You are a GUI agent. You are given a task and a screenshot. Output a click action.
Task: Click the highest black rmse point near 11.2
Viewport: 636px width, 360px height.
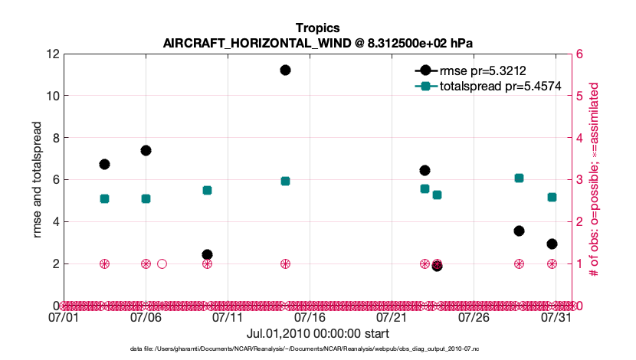point(285,70)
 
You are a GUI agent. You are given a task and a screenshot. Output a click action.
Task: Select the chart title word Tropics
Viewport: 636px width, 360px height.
point(318,28)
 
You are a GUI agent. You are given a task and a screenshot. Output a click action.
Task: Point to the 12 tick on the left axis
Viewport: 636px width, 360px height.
point(53,54)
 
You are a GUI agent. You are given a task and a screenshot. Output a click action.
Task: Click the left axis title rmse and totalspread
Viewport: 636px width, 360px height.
point(38,180)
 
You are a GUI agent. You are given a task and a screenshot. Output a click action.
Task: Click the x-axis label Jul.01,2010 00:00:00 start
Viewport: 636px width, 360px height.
point(318,333)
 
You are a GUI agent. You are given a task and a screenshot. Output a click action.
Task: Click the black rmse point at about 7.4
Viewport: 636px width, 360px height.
point(146,150)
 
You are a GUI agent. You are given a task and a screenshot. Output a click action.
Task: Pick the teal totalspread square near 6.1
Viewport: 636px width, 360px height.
point(519,178)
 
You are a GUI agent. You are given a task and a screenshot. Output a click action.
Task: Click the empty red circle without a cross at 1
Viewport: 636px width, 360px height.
point(162,263)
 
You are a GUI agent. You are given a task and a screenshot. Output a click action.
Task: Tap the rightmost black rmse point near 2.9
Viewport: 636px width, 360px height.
point(552,244)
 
